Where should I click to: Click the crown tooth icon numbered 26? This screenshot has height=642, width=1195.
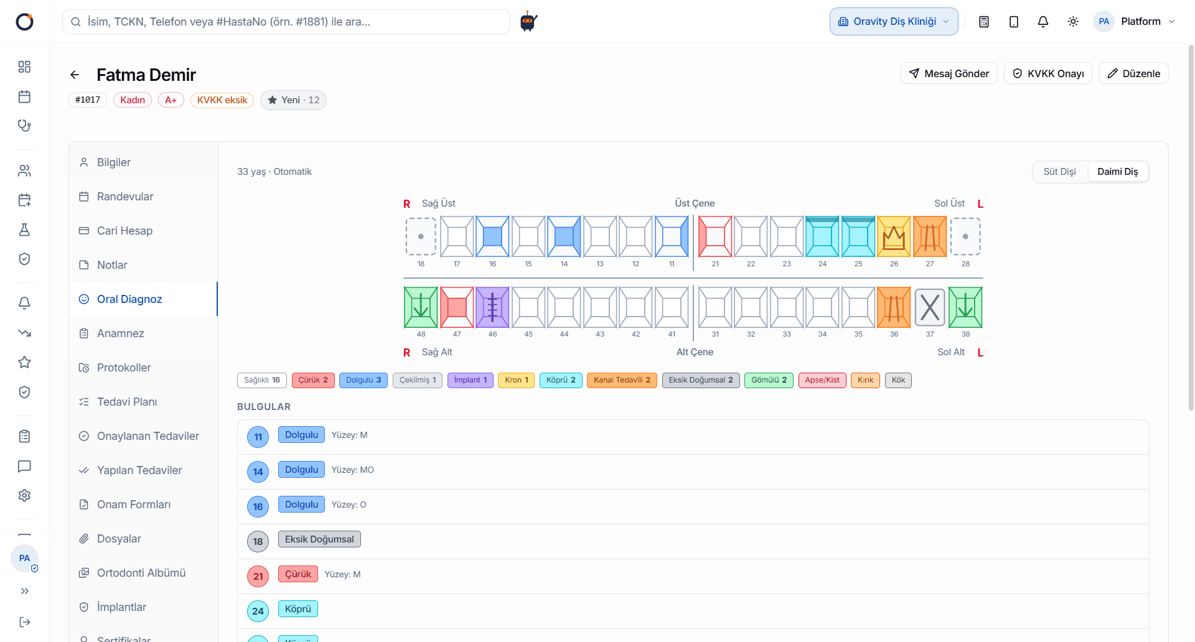click(894, 236)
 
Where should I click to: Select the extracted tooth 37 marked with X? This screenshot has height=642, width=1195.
click(930, 307)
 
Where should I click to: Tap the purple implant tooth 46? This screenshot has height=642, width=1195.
click(492, 307)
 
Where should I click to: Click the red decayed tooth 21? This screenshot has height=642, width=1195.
click(715, 236)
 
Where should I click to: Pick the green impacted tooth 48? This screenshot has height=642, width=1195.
click(421, 307)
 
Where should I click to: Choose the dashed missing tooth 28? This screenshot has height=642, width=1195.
click(965, 236)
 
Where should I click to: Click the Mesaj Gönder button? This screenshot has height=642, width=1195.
click(949, 73)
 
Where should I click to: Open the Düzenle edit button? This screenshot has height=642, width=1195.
click(1133, 73)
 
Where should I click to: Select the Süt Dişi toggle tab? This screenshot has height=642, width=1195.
click(1059, 172)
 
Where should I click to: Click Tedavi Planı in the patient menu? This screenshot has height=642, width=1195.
click(127, 402)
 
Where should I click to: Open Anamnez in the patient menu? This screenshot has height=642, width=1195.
click(121, 333)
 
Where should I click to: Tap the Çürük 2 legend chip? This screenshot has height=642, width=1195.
click(313, 380)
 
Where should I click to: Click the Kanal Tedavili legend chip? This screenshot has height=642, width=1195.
click(622, 380)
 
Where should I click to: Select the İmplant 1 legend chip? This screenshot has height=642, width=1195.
click(471, 380)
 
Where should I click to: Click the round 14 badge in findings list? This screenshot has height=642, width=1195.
click(258, 472)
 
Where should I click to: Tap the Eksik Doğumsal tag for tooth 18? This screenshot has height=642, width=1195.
click(319, 539)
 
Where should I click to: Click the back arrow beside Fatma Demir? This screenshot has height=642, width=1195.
click(75, 75)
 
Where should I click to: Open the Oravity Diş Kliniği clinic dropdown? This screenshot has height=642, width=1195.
click(894, 22)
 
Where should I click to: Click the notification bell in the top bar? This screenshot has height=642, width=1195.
click(1043, 22)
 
